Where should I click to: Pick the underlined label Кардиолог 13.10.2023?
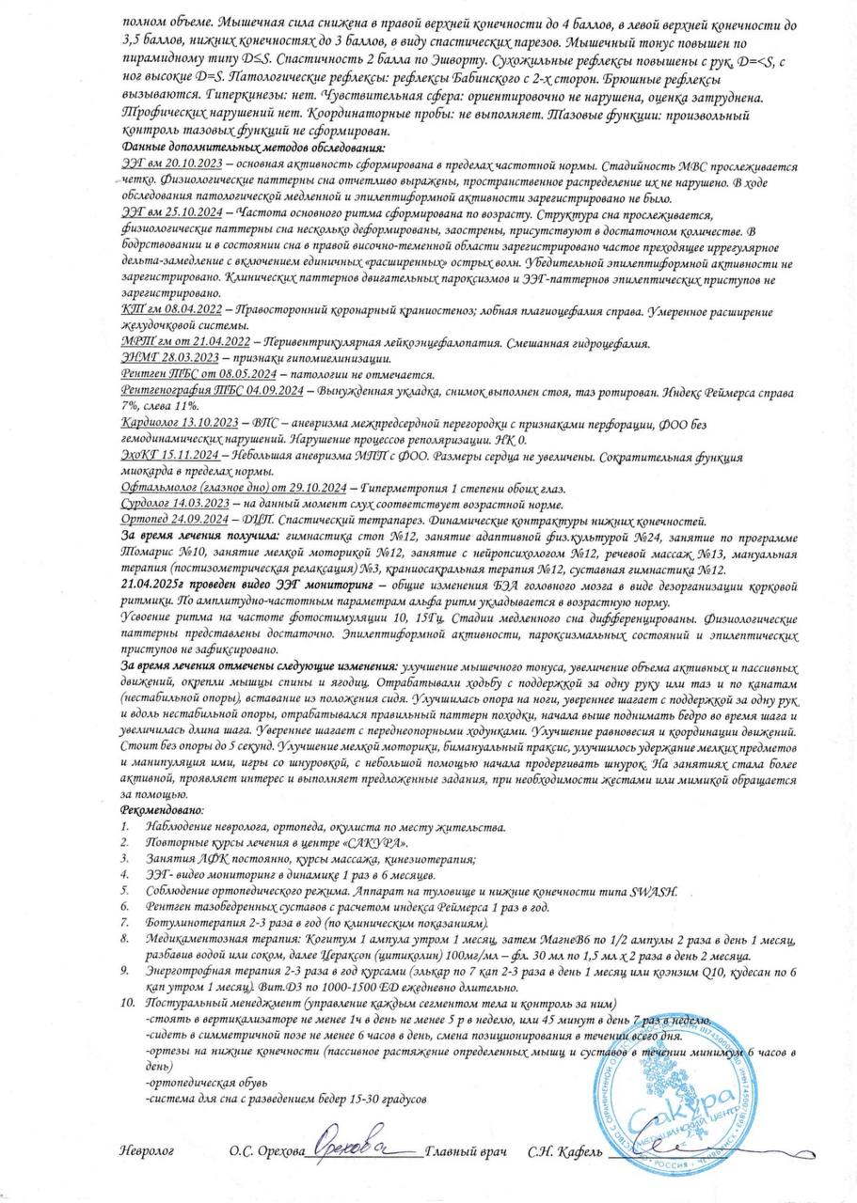click(180, 423)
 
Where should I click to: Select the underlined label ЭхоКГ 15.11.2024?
click(170, 455)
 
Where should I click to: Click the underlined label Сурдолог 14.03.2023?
click(177, 503)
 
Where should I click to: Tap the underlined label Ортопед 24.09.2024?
click(175, 520)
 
